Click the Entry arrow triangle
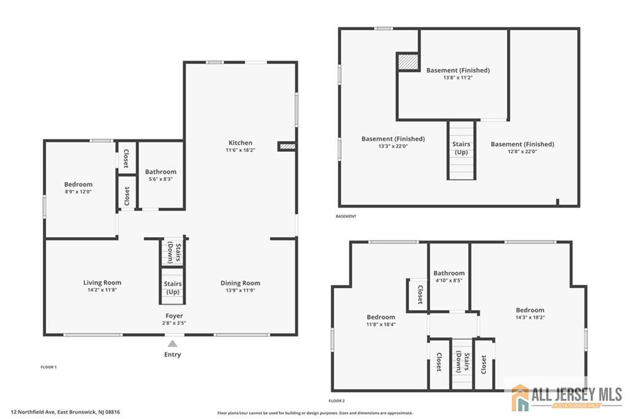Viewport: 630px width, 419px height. click(172, 343)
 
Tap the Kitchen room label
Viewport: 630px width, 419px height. click(241, 143)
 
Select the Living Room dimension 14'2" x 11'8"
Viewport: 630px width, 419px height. click(102, 290)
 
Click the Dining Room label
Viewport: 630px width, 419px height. click(241, 283)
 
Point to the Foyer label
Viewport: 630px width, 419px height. click(174, 316)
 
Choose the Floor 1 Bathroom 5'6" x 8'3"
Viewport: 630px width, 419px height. click(161, 175)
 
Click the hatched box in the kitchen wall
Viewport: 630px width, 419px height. click(287, 146)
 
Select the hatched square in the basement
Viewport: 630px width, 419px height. click(408, 62)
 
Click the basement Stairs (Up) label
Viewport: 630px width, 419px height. click(461, 148)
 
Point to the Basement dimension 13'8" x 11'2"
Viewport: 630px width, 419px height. click(458, 78)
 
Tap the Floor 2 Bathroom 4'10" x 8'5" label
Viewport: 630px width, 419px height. click(449, 276)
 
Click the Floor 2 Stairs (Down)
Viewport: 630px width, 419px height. click(463, 362)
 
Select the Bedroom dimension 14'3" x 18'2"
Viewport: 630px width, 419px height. click(530, 318)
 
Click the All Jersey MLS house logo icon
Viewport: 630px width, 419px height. click(520, 397)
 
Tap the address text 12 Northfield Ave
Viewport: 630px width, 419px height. click(33, 412)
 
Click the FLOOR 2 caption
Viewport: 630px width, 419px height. click(337, 401)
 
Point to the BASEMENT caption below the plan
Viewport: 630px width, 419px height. click(346, 216)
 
